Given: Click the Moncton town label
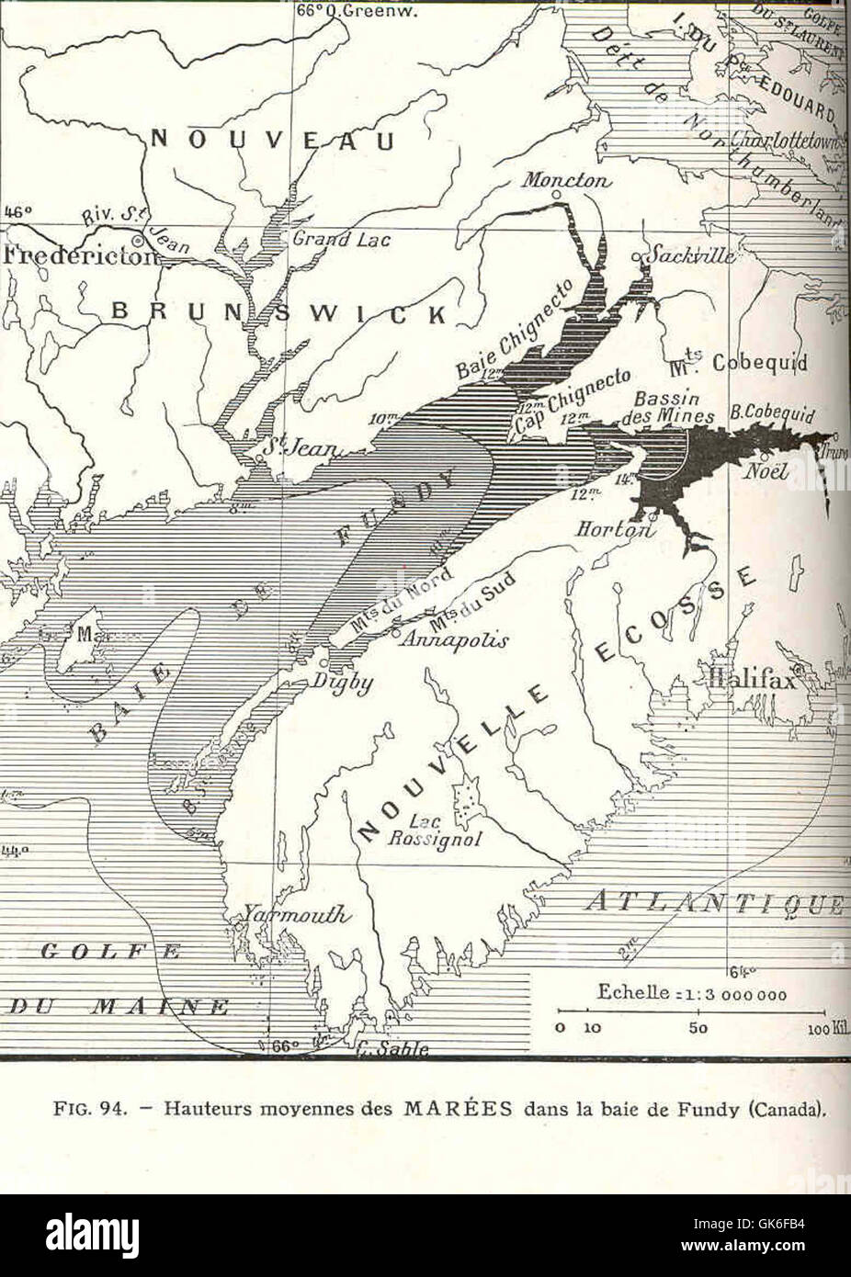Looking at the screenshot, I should click(566, 181).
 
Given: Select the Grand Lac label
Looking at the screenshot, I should click(342, 240).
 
